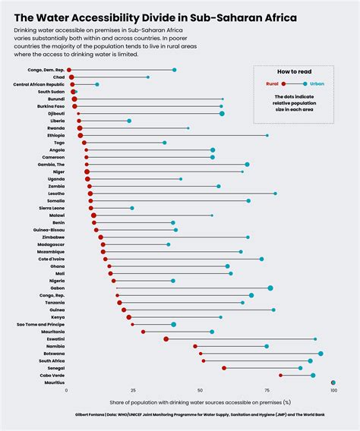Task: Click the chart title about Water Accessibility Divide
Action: (x=156, y=16)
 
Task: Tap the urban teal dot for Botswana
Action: (x=321, y=354)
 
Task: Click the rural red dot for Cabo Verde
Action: (x=280, y=375)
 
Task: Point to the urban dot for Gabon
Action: (x=270, y=288)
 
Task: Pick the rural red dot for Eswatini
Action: (x=166, y=339)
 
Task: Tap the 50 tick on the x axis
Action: (x=201, y=390)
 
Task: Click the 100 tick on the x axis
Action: (x=333, y=390)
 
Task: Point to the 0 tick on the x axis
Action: (x=68, y=390)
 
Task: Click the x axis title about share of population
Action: (x=201, y=401)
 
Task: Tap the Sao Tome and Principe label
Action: (x=40, y=325)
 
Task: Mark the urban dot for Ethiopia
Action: (x=267, y=135)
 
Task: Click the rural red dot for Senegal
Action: (x=224, y=368)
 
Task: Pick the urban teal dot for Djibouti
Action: (x=222, y=113)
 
